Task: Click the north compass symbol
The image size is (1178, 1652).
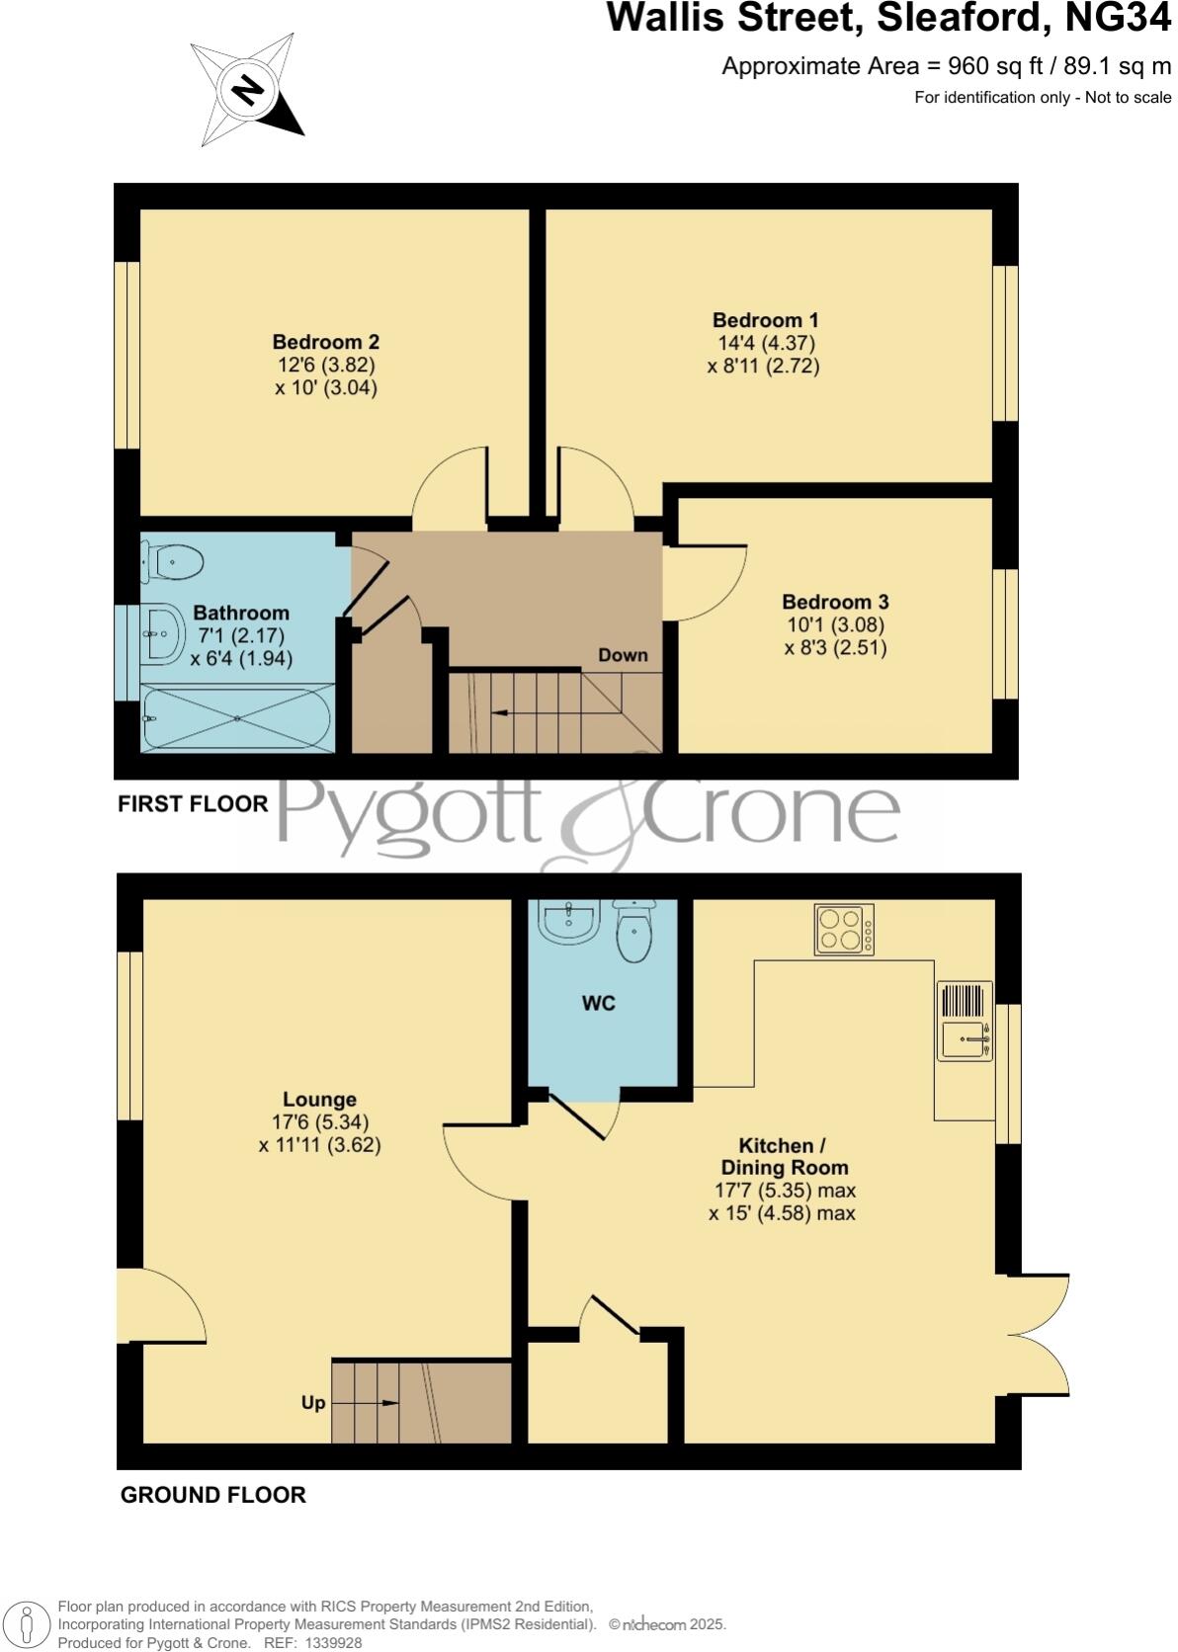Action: tap(247, 92)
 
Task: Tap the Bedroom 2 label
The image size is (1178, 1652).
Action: tap(326, 342)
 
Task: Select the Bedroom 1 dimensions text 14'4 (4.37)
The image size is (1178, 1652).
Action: tap(766, 343)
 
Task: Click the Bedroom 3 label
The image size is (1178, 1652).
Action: tap(835, 602)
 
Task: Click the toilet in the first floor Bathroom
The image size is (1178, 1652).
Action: tap(176, 563)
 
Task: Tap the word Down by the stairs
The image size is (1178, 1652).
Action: tap(623, 655)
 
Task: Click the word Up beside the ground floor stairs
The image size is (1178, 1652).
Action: tap(313, 1403)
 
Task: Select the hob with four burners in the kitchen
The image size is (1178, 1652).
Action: tap(844, 930)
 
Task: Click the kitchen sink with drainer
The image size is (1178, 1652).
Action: tap(965, 1022)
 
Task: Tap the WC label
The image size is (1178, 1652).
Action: tap(598, 1003)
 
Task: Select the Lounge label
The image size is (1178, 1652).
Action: tap(319, 1099)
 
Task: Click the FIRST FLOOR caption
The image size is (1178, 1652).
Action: tap(193, 804)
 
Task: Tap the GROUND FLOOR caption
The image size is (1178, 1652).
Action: tap(212, 1495)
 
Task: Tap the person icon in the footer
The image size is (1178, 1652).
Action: tap(28, 1625)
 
